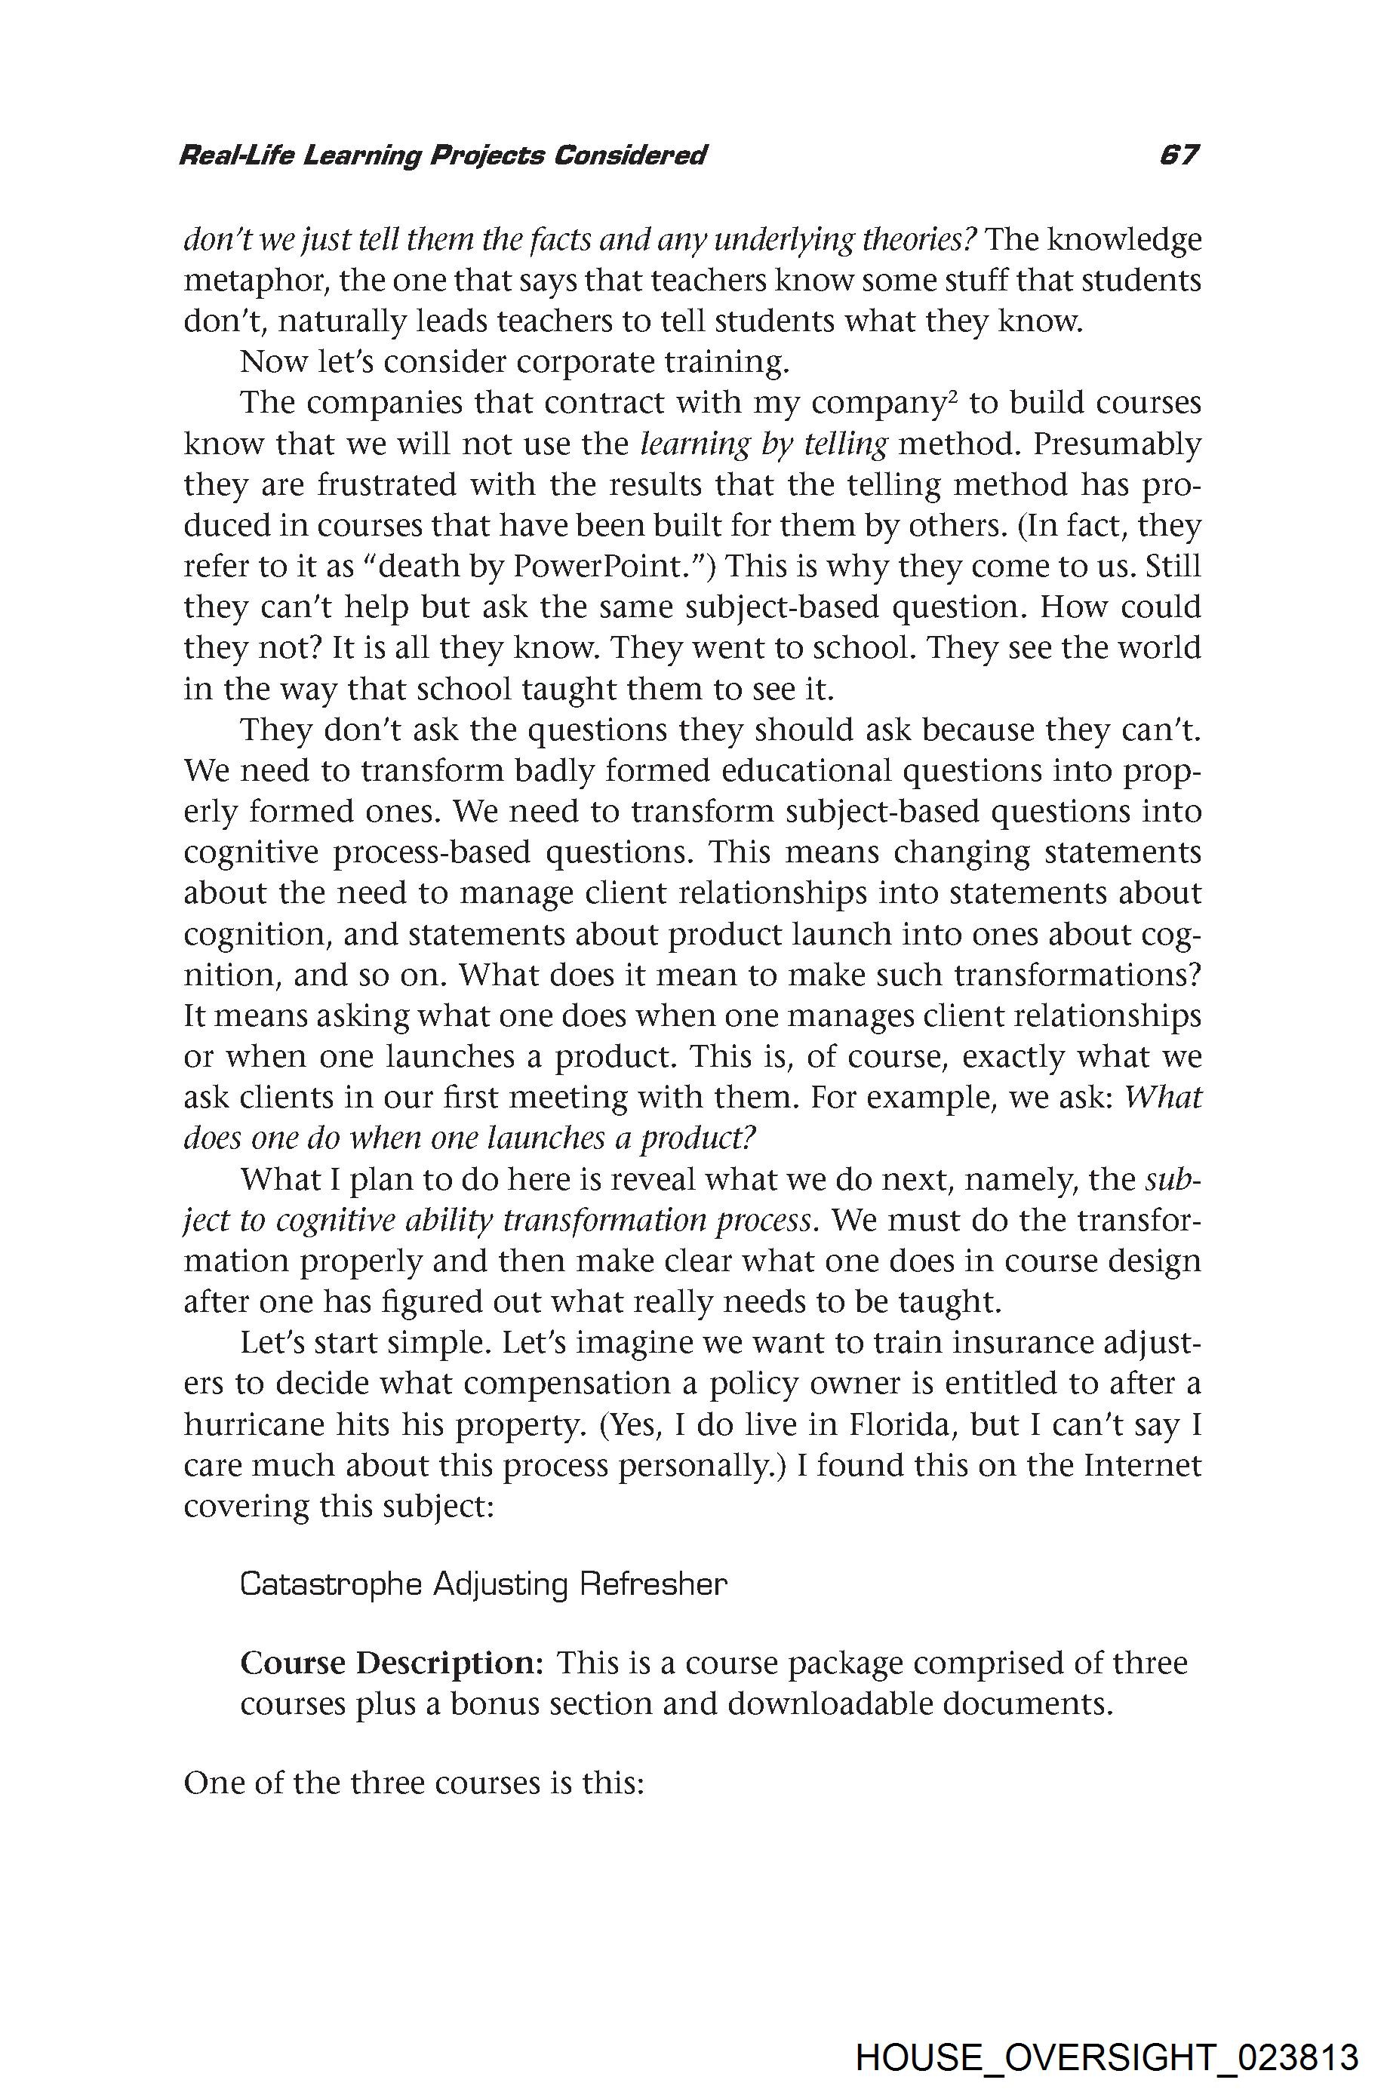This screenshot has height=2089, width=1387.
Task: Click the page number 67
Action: (x=1179, y=155)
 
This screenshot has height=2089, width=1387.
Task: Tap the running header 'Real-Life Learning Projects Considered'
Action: (x=442, y=156)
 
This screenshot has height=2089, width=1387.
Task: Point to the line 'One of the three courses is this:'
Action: (x=412, y=1782)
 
